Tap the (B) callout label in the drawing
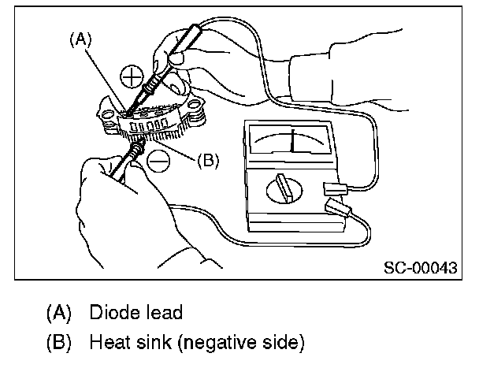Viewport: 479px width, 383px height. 206,160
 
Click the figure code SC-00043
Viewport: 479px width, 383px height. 421,266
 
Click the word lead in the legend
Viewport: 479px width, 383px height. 163,312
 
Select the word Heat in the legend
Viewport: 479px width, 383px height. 108,344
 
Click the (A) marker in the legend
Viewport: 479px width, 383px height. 59,313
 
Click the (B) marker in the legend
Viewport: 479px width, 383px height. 59,344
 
